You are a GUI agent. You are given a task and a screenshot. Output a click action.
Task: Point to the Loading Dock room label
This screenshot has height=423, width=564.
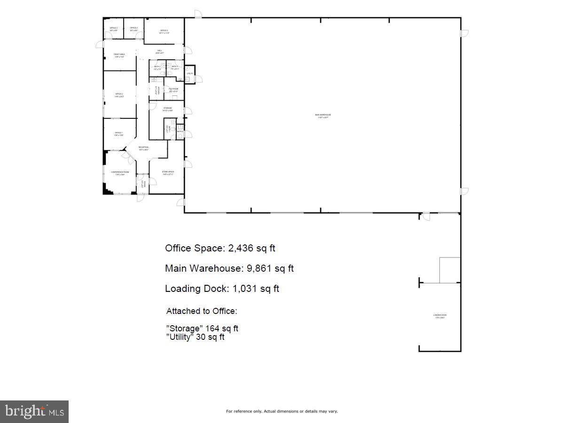439,316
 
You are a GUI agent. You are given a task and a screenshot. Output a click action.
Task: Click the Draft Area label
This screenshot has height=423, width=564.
119,55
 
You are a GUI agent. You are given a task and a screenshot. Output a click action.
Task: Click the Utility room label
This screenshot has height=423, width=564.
190,74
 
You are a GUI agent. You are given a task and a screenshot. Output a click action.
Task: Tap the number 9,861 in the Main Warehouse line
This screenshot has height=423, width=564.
260,268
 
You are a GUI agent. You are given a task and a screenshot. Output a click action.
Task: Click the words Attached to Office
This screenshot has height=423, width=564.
202,311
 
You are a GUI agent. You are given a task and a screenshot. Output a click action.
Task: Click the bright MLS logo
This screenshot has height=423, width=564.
34,412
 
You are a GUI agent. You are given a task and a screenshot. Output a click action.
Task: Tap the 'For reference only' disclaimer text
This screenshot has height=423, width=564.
282,411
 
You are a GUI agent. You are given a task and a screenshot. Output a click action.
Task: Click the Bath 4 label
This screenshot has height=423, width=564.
180,131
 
